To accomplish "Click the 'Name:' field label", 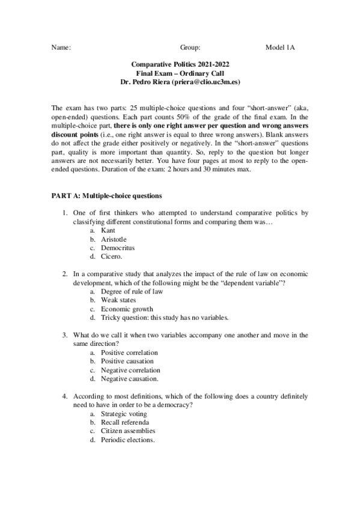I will [x=62, y=47].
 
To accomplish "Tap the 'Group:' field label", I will [x=190, y=47].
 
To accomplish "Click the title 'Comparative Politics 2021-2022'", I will [x=180, y=64].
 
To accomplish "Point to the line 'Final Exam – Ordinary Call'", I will [x=180, y=72].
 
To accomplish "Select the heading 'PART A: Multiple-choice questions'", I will [x=106, y=195].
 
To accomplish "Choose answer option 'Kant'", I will [x=108, y=230].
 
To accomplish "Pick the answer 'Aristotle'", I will [x=113, y=239].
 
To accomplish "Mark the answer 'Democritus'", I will [x=118, y=248].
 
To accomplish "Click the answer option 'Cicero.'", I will [x=111, y=256].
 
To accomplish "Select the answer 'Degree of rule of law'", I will [x=132, y=292].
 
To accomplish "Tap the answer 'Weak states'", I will [x=118, y=300].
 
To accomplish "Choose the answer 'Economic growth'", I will [x=127, y=309].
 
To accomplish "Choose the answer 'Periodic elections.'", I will [x=127, y=440].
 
